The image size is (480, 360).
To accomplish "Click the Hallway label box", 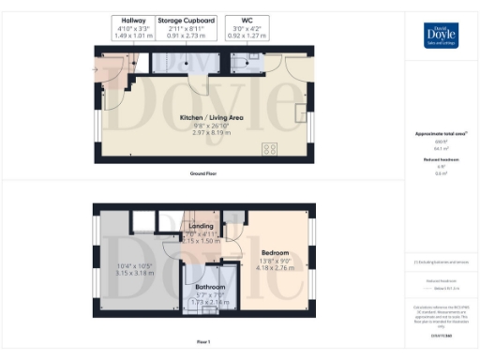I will pos(131,28).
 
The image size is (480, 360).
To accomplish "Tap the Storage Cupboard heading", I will pos(186,20).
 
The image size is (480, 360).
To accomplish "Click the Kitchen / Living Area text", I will pos(211,117).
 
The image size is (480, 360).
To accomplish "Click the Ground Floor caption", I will pos(204,173).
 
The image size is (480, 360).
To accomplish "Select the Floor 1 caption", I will pos(203,341).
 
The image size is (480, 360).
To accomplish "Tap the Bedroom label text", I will pos(275,252).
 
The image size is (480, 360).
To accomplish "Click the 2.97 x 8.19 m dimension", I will pos(211,133).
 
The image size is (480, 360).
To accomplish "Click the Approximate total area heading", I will pos(439,134).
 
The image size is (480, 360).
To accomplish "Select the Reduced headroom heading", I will pos(439,160).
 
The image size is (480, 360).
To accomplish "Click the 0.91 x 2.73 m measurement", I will pos(186,36).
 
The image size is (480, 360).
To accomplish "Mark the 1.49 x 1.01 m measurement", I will pos(131,36).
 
